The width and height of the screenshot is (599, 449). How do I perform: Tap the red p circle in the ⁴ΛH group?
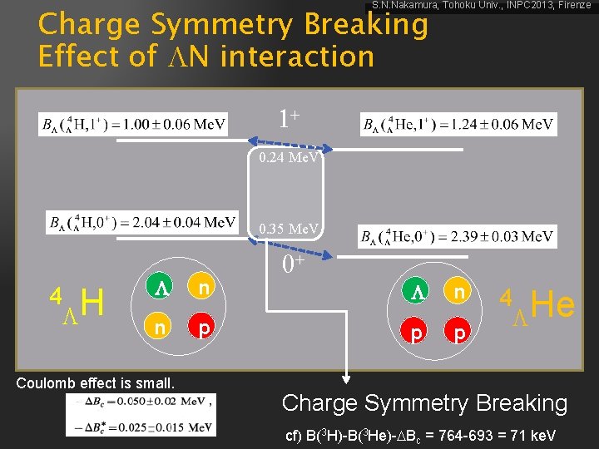[203, 328]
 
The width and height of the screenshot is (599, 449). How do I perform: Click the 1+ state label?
[289, 118]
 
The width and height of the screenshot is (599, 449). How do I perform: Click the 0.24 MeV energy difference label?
[288, 156]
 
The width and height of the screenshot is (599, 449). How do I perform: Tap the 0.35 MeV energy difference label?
[288, 228]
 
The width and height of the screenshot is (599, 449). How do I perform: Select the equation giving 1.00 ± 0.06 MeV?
[133, 125]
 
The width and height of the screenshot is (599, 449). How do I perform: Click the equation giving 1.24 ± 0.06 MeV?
[458, 125]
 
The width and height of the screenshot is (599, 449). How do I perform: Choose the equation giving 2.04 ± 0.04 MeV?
[142, 222]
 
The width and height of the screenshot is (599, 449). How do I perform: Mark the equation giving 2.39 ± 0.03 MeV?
[458, 237]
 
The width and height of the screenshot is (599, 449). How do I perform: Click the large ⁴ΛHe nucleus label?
[537, 306]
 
